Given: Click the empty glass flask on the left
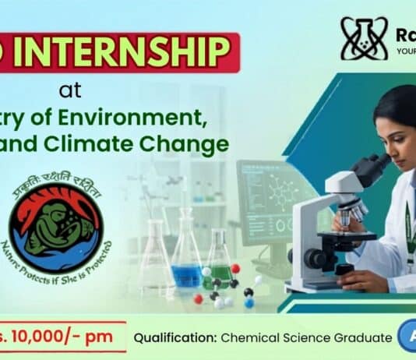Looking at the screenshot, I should tap(155, 257).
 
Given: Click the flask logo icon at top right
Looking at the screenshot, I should tap(364, 39).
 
